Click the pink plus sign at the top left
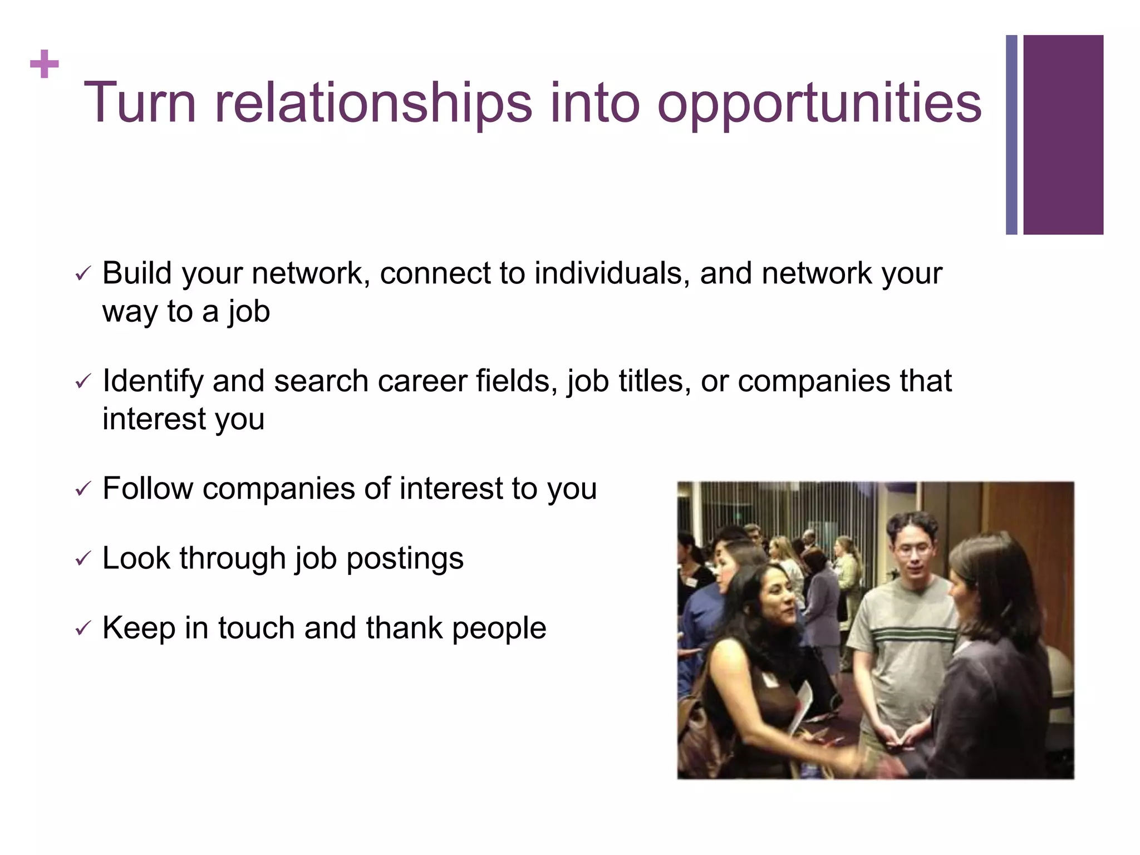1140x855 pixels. click(44, 65)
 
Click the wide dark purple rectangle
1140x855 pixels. click(1063, 135)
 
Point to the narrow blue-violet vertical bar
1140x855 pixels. click(1011, 135)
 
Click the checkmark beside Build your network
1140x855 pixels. click(82, 273)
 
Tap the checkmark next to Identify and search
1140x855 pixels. click(82, 381)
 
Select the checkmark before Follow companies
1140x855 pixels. click(82, 489)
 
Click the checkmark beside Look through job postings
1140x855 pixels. click(82, 558)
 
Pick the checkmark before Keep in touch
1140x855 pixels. click(82, 628)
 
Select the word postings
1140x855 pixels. click(405, 558)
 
